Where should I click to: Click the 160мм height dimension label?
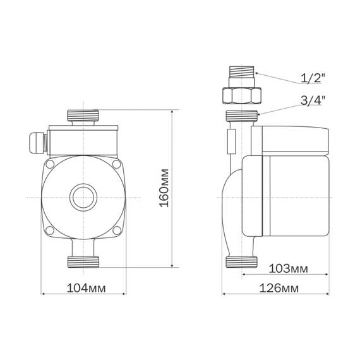tap(164, 188)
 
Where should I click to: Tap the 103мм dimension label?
tap(288, 268)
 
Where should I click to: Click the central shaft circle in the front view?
tap(83, 198)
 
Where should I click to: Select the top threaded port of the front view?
tap(83, 116)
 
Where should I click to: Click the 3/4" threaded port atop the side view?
tap(242, 116)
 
